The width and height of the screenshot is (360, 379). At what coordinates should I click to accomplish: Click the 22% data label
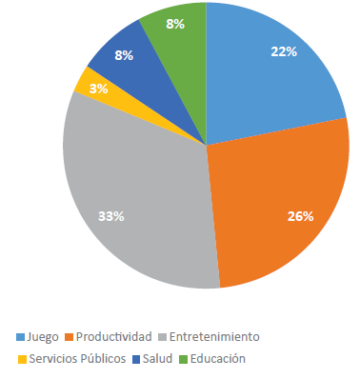click(x=283, y=52)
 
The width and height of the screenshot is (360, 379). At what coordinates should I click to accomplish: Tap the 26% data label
click(x=300, y=215)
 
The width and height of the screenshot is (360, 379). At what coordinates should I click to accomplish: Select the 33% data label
click(x=111, y=216)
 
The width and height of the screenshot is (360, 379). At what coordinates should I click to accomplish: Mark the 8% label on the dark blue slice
click(x=124, y=56)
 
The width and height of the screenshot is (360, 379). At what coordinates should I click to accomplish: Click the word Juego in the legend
click(x=44, y=336)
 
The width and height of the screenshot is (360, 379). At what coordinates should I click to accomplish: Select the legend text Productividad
click(x=113, y=336)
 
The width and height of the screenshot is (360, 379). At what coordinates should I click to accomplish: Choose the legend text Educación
click(x=217, y=359)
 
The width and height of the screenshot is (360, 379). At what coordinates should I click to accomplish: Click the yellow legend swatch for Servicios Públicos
click(x=22, y=359)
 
